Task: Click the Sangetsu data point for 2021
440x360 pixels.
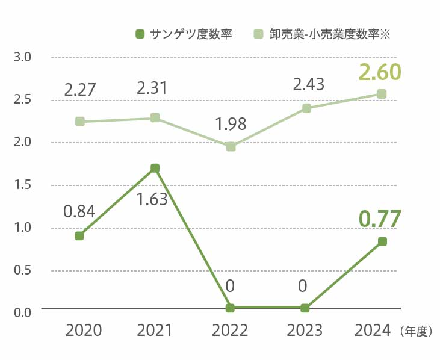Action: [x=155, y=168]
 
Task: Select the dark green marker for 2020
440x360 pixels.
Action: [x=79, y=236]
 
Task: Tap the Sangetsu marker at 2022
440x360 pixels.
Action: [x=230, y=308]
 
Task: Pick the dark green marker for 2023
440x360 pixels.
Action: [x=305, y=308]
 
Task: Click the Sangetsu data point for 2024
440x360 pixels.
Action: [x=382, y=241]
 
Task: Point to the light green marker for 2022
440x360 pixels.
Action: [x=231, y=146]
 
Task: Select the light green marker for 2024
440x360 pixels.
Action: [x=382, y=93]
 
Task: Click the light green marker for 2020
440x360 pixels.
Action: [x=79, y=121]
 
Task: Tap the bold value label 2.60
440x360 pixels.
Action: [x=379, y=72]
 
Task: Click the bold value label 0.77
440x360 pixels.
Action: [x=379, y=219]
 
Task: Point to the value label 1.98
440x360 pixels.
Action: [x=231, y=125]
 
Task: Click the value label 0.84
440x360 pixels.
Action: [x=79, y=211]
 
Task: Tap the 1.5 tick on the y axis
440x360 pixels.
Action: [x=23, y=185]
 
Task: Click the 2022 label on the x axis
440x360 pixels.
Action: [x=230, y=331]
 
